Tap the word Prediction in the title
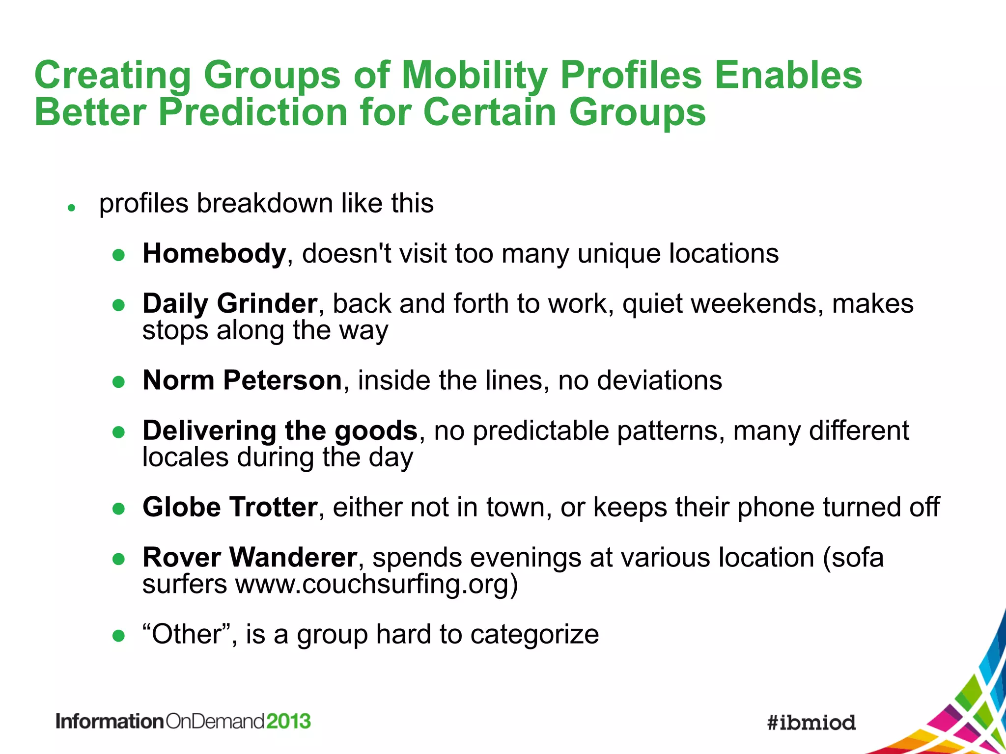[x=253, y=112]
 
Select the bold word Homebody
[x=214, y=254]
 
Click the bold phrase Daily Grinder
[x=229, y=303]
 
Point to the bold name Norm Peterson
[x=242, y=380]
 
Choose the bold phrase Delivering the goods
[x=280, y=431]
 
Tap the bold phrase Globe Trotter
[x=230, y=507]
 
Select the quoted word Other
[x=186, y=634]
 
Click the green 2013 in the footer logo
[x=288, y=722]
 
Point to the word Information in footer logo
[x=109, y=722]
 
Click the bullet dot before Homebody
[x=118, y=255]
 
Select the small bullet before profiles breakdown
[x=71, y=208]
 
